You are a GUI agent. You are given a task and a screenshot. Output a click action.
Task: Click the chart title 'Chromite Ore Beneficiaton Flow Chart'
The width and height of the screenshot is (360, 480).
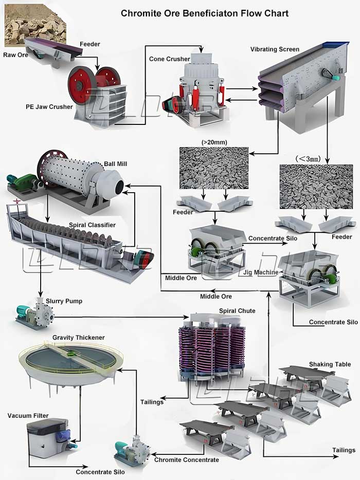click(x=205, y=13)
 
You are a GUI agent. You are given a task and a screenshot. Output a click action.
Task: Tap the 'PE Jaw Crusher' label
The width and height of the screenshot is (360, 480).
click(x=49, y=107)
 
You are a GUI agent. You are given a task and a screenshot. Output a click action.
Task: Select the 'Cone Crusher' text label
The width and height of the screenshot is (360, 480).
click(x=169, y=59)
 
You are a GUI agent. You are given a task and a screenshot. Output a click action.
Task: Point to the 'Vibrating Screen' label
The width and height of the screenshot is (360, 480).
click(x=275, y=49)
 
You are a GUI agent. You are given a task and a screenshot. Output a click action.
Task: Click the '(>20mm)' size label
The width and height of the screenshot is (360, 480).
click(x=214, y=142)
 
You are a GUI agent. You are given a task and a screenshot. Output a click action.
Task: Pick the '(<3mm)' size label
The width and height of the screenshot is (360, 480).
click(x=308, y=159)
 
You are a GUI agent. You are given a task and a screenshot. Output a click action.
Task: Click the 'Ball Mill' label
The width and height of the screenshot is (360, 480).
click(x=116, y=164)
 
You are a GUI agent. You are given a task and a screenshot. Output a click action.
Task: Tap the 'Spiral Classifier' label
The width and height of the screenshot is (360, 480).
click(x=92, y=225)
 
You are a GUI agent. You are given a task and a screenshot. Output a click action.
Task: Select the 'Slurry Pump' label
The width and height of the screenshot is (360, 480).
click(x=64, y=301)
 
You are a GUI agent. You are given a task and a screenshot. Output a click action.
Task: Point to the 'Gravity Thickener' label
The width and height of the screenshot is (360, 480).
click(x=79, y=337)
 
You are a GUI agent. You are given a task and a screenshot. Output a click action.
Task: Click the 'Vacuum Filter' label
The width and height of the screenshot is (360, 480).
click(x=28, y=415)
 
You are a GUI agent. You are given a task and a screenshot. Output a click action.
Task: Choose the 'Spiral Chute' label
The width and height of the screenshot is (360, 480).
click(x=237, y=311)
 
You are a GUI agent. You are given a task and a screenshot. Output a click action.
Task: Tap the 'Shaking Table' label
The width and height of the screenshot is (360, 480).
click(x=330, y=364)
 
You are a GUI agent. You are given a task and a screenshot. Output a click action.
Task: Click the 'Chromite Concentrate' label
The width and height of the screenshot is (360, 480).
click(x=187, y=460)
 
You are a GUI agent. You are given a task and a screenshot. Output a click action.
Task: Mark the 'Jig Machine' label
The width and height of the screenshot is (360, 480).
click(x=261, y=272)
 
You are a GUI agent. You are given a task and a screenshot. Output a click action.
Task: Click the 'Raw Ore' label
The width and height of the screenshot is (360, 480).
click(x=15, y=55)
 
